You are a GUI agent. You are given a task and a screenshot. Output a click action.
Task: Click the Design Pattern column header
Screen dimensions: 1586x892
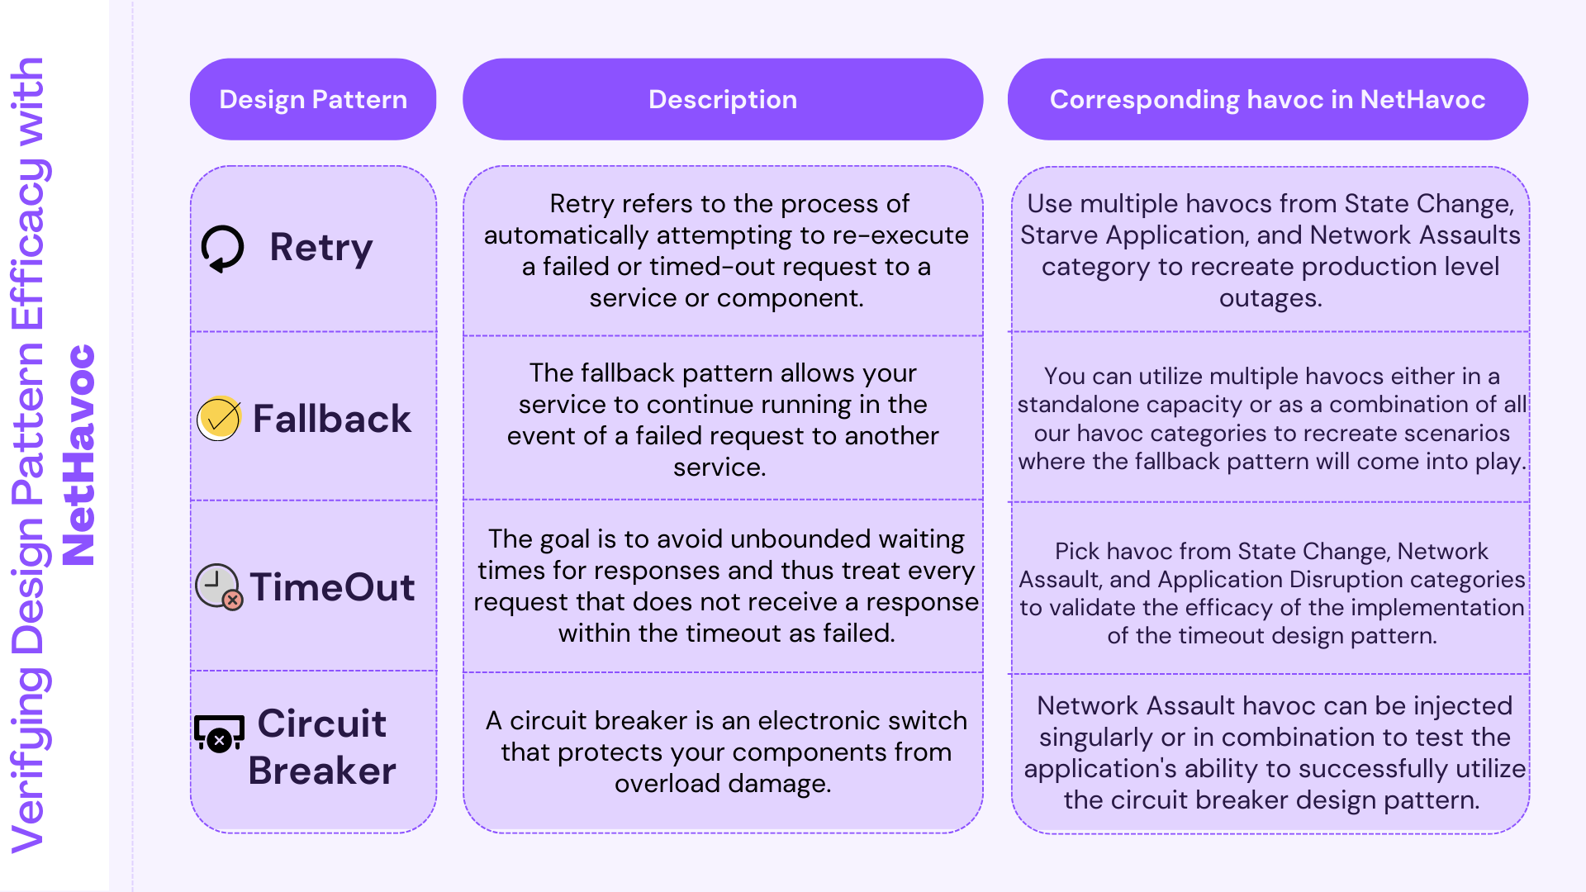313,99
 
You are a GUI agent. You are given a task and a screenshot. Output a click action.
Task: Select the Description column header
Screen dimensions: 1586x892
723,99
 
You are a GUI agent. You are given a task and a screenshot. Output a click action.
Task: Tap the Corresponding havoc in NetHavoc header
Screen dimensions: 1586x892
1268,99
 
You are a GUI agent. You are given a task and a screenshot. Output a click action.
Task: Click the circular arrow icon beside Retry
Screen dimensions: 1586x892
222,249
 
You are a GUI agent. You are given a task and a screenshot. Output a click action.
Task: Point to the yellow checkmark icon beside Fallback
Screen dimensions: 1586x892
219,419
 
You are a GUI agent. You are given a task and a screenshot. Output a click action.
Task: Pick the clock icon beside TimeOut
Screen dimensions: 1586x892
219,586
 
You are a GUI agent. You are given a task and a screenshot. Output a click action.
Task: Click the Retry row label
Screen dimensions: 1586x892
321,248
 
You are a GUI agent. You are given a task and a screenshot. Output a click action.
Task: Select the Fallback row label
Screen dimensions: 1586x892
331,419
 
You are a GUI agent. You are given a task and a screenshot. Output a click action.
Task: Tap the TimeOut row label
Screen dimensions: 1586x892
332,587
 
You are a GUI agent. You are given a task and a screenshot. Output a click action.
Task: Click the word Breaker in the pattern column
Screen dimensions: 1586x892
322,771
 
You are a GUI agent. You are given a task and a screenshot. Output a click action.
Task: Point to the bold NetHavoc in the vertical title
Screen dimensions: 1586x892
79,454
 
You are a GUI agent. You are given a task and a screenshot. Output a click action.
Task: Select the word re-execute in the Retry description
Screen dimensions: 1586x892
900,235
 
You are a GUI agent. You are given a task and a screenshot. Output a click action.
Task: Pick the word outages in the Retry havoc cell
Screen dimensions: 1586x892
1270,298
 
